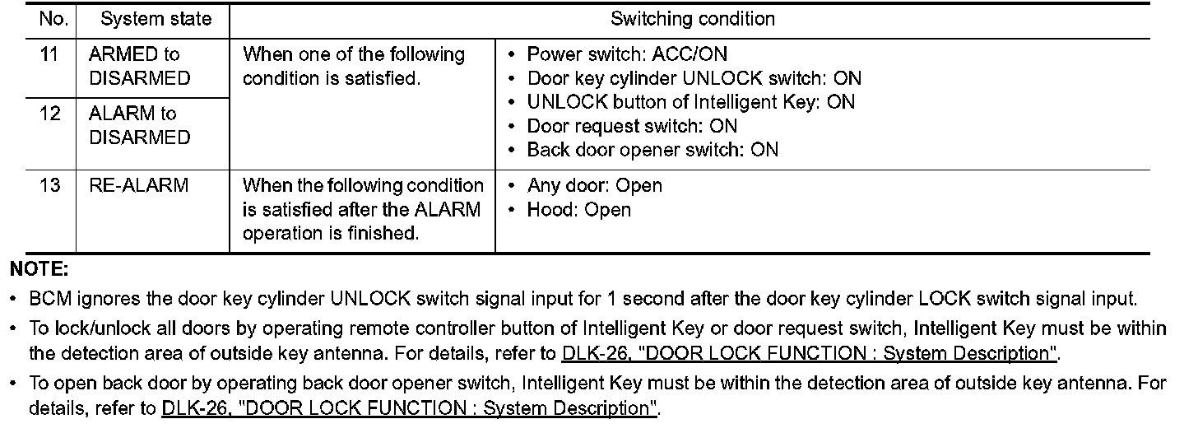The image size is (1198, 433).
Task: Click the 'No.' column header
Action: (50, 19)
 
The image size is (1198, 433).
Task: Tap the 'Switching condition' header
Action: (692, 19)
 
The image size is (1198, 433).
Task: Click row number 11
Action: (50, 55)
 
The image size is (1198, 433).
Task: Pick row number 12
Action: (50, 114)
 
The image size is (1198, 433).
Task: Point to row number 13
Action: (50, 186)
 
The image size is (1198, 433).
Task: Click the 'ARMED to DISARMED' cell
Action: (138, 67)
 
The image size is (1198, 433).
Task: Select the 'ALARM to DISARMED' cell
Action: (138, 125)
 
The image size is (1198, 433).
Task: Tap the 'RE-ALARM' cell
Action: (138, 186)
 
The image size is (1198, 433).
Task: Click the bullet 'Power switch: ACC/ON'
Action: (627, 55)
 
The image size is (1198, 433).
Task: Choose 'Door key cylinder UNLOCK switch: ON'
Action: (694, 79)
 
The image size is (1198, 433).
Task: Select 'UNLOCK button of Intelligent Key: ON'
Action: (690, 102)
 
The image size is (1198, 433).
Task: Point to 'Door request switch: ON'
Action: (632, 126)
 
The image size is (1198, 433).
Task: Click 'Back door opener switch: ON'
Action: (652, 150)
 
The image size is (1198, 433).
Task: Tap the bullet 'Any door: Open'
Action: (594, 186)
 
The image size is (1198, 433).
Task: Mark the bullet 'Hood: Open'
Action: (578, 210)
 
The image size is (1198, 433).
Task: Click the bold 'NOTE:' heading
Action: (39, 269)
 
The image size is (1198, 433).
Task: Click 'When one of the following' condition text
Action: (354, 55)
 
